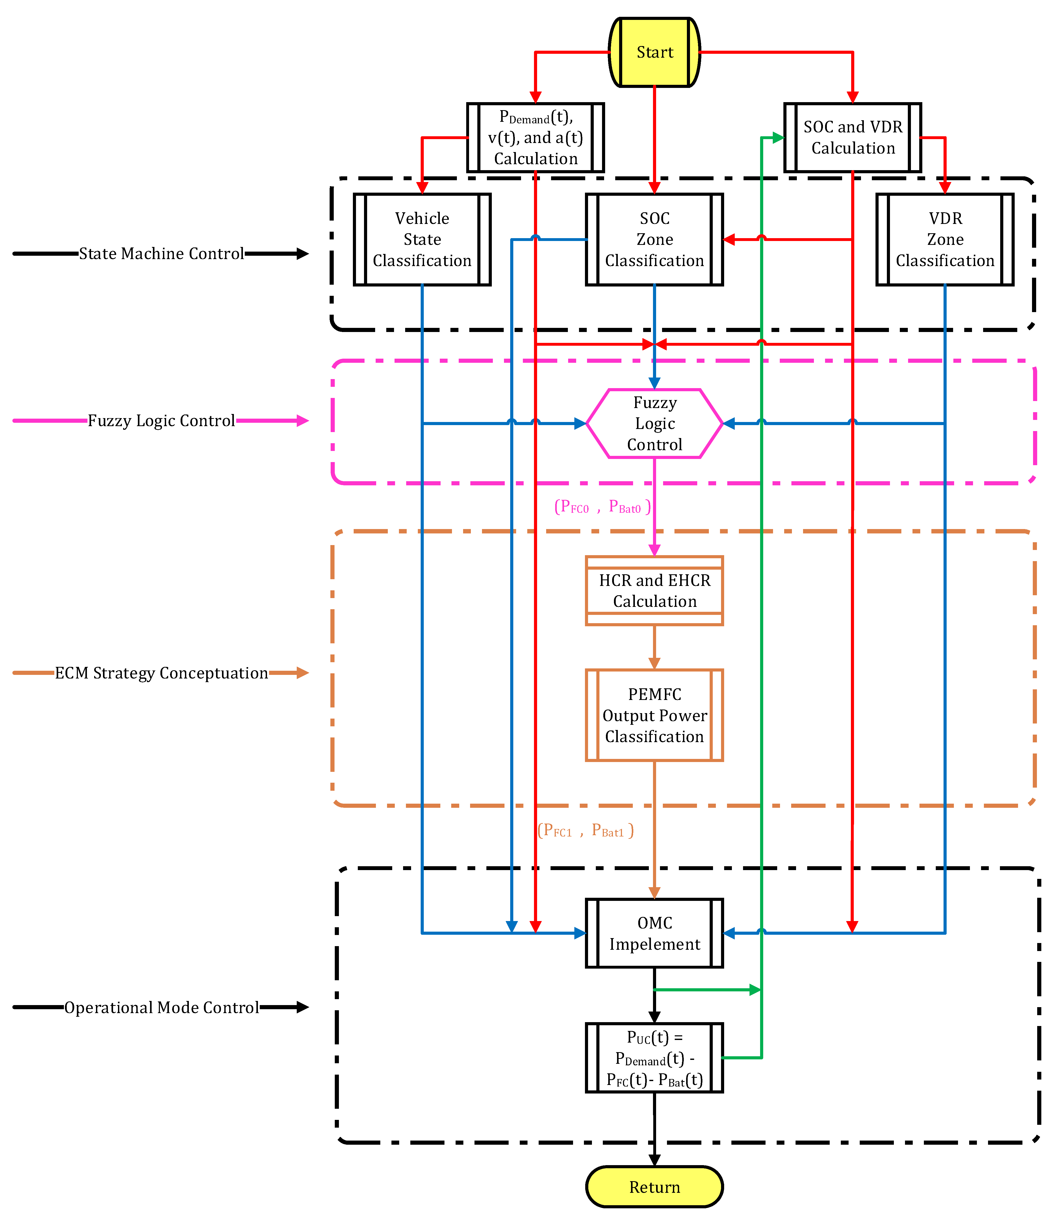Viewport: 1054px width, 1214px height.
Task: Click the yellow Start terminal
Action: pyautogui.click(x=654, y=52)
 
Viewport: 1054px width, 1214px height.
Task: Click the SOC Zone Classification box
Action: pyautogui.click(x=654, y=239)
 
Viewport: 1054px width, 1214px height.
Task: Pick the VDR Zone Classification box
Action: pyautogui.click(x=945, y=239)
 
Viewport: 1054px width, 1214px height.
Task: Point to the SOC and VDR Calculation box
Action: pyautogui.click(x=852, y=138)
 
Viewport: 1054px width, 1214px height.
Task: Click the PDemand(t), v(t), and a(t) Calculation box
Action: pyautogui.click(x=535, y=138)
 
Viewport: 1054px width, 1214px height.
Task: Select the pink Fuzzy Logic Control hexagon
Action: pyautogui.click(x=654, y=423)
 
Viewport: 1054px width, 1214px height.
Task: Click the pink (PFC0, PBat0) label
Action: pyautogui.click(x=602, y=507)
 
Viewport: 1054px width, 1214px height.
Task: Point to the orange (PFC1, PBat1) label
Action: pyautogui.click(x=585, y=830)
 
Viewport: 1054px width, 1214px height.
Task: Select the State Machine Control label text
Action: pyautogui.click(x=161, y=253)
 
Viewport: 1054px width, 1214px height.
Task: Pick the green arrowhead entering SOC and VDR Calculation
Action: pyautogui.click(x=777, y=138)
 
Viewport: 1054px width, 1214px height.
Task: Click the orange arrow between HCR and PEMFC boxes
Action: pyautogui.click(x=654, y=647)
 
